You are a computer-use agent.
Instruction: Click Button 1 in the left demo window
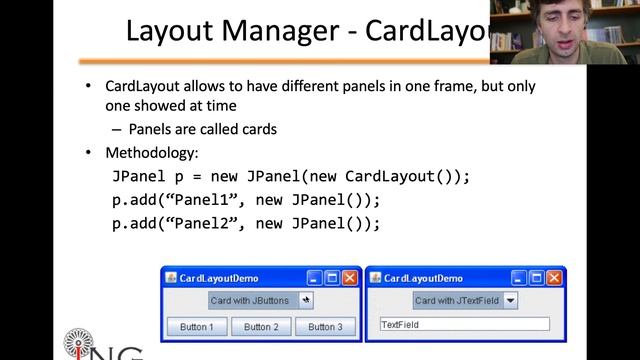[x=196, y=327]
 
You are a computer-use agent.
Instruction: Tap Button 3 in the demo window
[x=325, y=327]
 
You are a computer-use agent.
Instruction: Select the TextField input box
[x=465, y=325]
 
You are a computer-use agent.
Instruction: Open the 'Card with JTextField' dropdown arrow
[x=510, y=300]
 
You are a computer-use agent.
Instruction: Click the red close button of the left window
[x=350, y=277]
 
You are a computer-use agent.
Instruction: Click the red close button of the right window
[x=555, y=277]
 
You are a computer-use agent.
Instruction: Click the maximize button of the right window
[x=537, y=277]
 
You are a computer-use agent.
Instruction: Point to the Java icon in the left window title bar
[x=171, y=277]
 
